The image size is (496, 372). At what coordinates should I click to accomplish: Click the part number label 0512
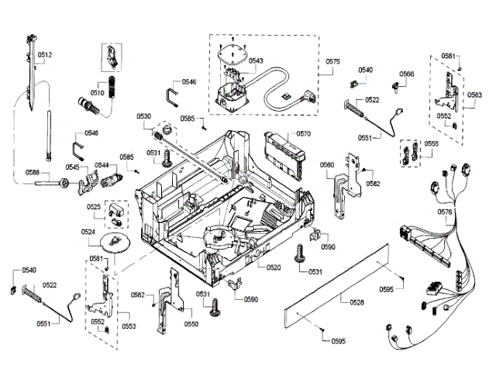coord(44,55)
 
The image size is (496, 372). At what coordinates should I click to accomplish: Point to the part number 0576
coord(445,212)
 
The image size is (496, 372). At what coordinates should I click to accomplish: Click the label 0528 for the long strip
coord(357,301)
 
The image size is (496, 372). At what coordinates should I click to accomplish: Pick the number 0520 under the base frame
coord(274,267)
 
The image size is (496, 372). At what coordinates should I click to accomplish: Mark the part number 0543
coord(255,60)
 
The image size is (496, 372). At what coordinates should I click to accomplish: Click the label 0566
coord(406,74)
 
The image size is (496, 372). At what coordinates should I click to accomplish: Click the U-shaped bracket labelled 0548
coord(77,143)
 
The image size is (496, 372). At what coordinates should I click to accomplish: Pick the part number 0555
coord(432,144)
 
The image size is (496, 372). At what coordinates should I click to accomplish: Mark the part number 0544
coord(102,165)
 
